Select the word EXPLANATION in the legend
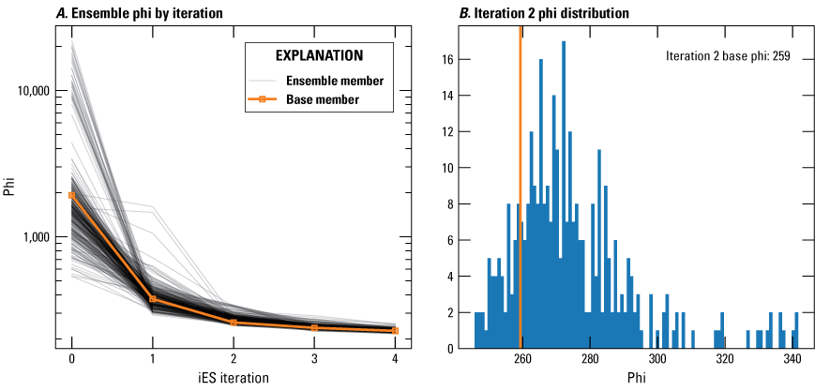tap(328, 55)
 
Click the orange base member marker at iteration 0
tap(72, 195)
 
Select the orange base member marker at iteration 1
tap(153, 299)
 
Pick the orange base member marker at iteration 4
tap(395, 330)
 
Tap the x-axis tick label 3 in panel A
tap(314, 359)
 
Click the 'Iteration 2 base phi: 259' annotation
tap(728, 56)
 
